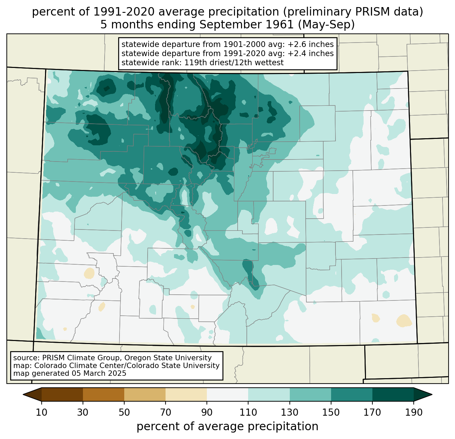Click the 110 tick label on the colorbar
pyautogui.click(x=248, y=412)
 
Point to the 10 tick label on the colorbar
pyautogui.click(x=41, y=412)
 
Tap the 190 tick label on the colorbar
pyautogui.click(x=414, y=412)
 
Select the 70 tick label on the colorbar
pyautogui.click(x=166, y=412)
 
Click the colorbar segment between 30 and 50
pyautogui.click(x=103, y=394)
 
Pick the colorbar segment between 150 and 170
pyautogui.click(x=351, y=394)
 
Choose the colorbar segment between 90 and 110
pyautogui.click(x=227, y=394)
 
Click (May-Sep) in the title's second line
pyautogui.click(x=326, y=25)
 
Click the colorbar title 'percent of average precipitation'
pyautogui.click(x=227, y=426)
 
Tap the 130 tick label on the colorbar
pyautogui.click(x=289, y=412)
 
